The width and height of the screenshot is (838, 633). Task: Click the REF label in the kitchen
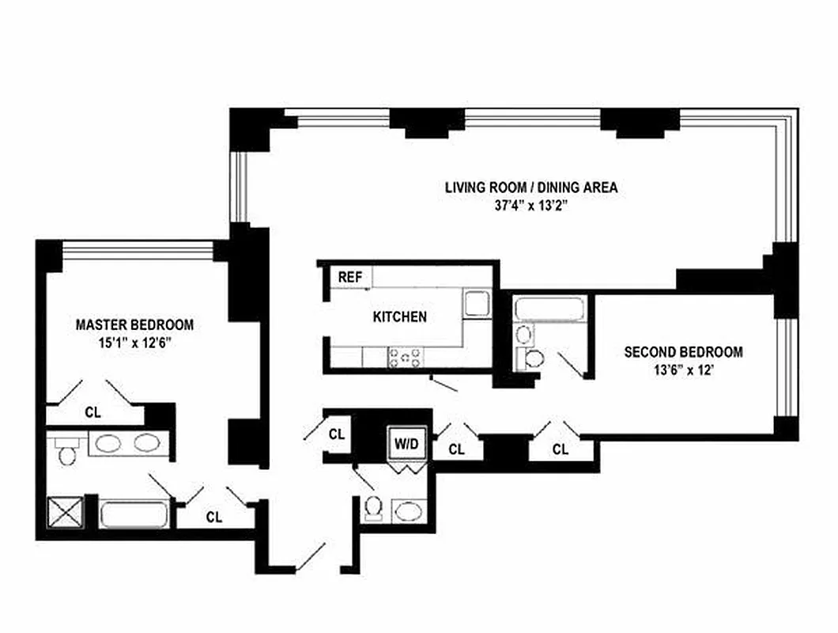349,277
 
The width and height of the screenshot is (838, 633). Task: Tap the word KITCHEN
400,316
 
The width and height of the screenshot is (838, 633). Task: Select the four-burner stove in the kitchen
406,358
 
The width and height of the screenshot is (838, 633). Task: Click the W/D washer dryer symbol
406,444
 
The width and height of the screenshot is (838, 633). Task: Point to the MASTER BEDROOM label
134,324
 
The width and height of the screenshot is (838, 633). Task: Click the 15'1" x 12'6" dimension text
134,343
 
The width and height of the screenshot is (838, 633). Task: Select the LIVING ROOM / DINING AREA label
530,188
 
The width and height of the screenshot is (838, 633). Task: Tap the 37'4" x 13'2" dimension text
530,207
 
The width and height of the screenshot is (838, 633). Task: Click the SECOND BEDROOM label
683,352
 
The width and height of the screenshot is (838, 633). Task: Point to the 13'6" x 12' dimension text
683,371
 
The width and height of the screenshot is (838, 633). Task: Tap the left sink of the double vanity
106,443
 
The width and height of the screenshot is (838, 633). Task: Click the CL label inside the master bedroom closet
93,412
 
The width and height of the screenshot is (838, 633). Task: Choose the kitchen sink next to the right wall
476,304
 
